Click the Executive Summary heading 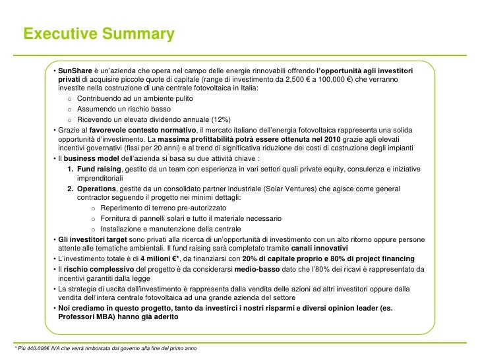(99, 34)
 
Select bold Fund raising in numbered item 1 (95, 169)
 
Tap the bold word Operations (97, 189)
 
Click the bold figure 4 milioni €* (164, 258)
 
